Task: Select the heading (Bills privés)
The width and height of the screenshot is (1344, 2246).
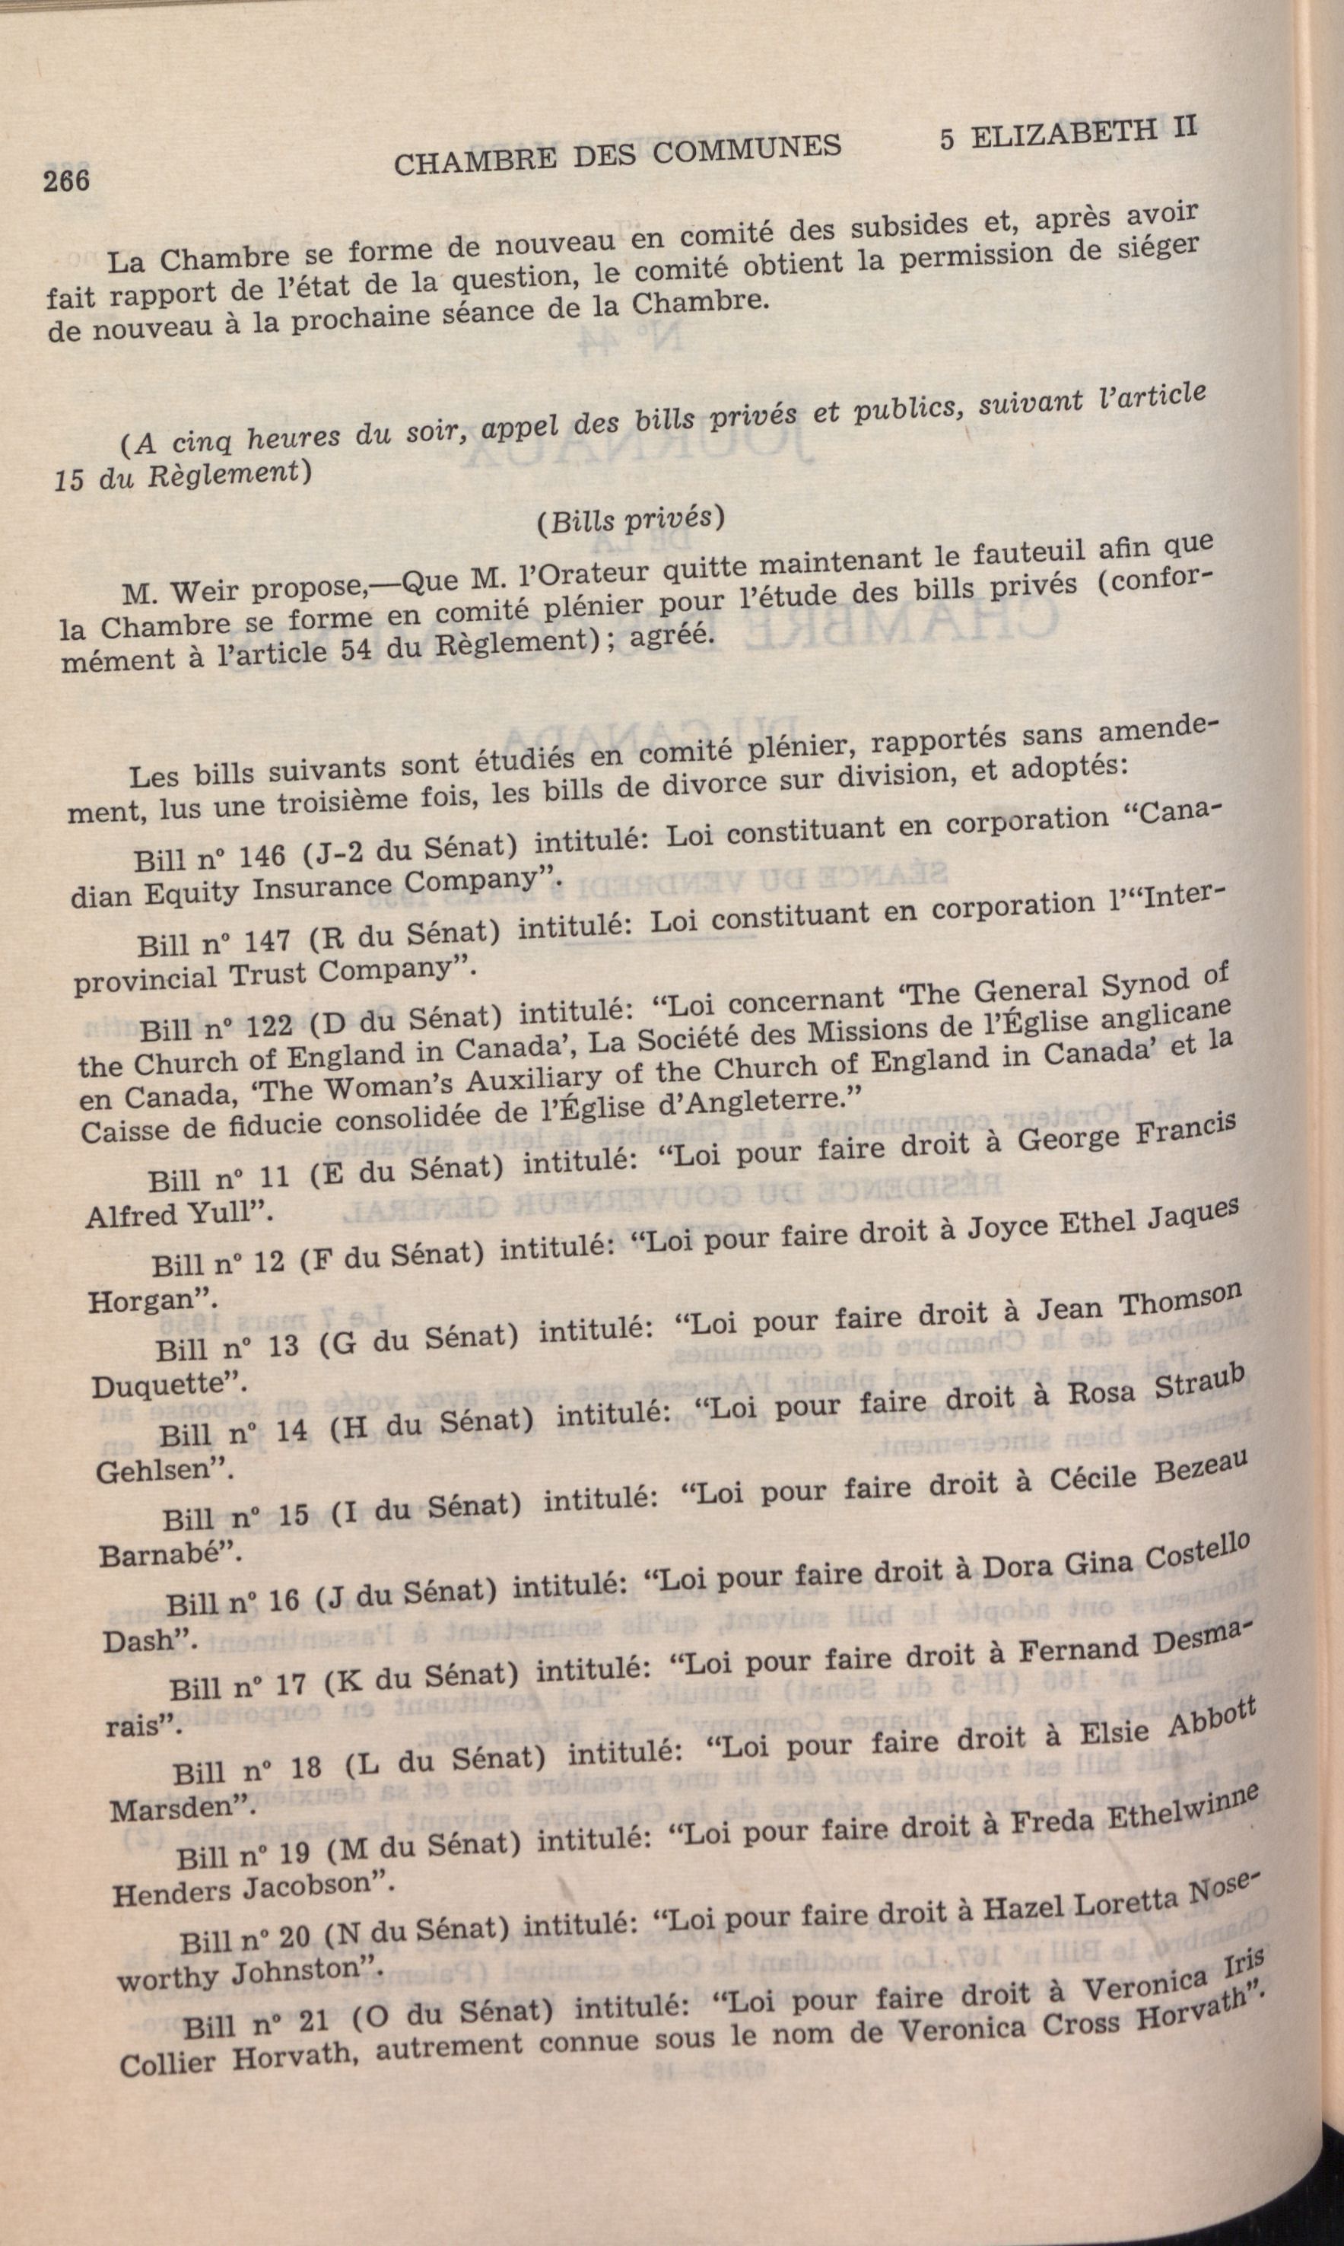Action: (630, 519)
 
